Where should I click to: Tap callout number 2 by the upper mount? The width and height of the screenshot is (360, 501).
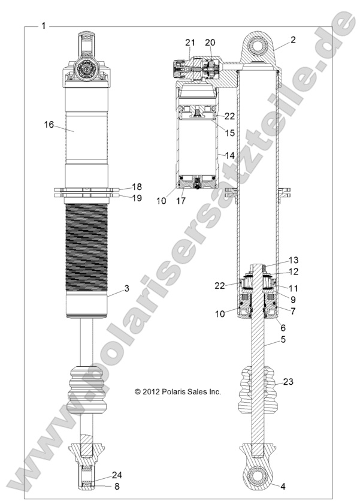pyautogui.click(x=293, y=40)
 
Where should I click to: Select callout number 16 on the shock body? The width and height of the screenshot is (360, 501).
pyautogui.click(x=49, y=124)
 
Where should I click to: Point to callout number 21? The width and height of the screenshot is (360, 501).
pyautogui.click(x=190, y=42)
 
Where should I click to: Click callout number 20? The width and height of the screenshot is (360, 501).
pyautogui.click(x=210, y=42)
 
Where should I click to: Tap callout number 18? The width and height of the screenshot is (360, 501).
pyautogui.click(x=137, y=187)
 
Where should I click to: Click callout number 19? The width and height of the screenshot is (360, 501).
pyautogui.click(x=137, y=198)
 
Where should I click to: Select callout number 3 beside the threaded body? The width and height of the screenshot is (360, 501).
pyautogui.click(x=126, y=289)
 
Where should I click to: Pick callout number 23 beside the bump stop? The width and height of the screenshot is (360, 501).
pyautogui.click(x=288, y=381)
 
